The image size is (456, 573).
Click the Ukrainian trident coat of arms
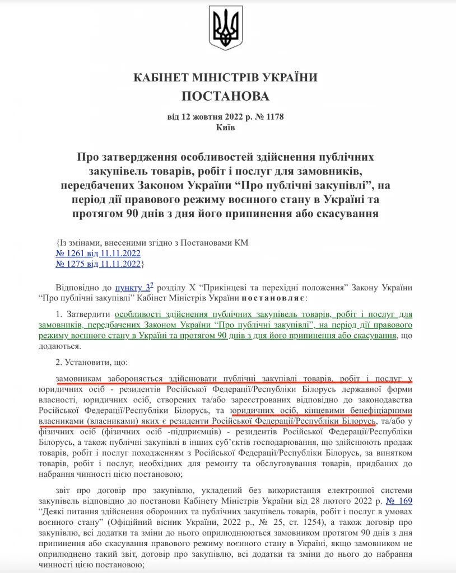click(x=226, y=28)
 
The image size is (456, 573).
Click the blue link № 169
click(x=402, y=501)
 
